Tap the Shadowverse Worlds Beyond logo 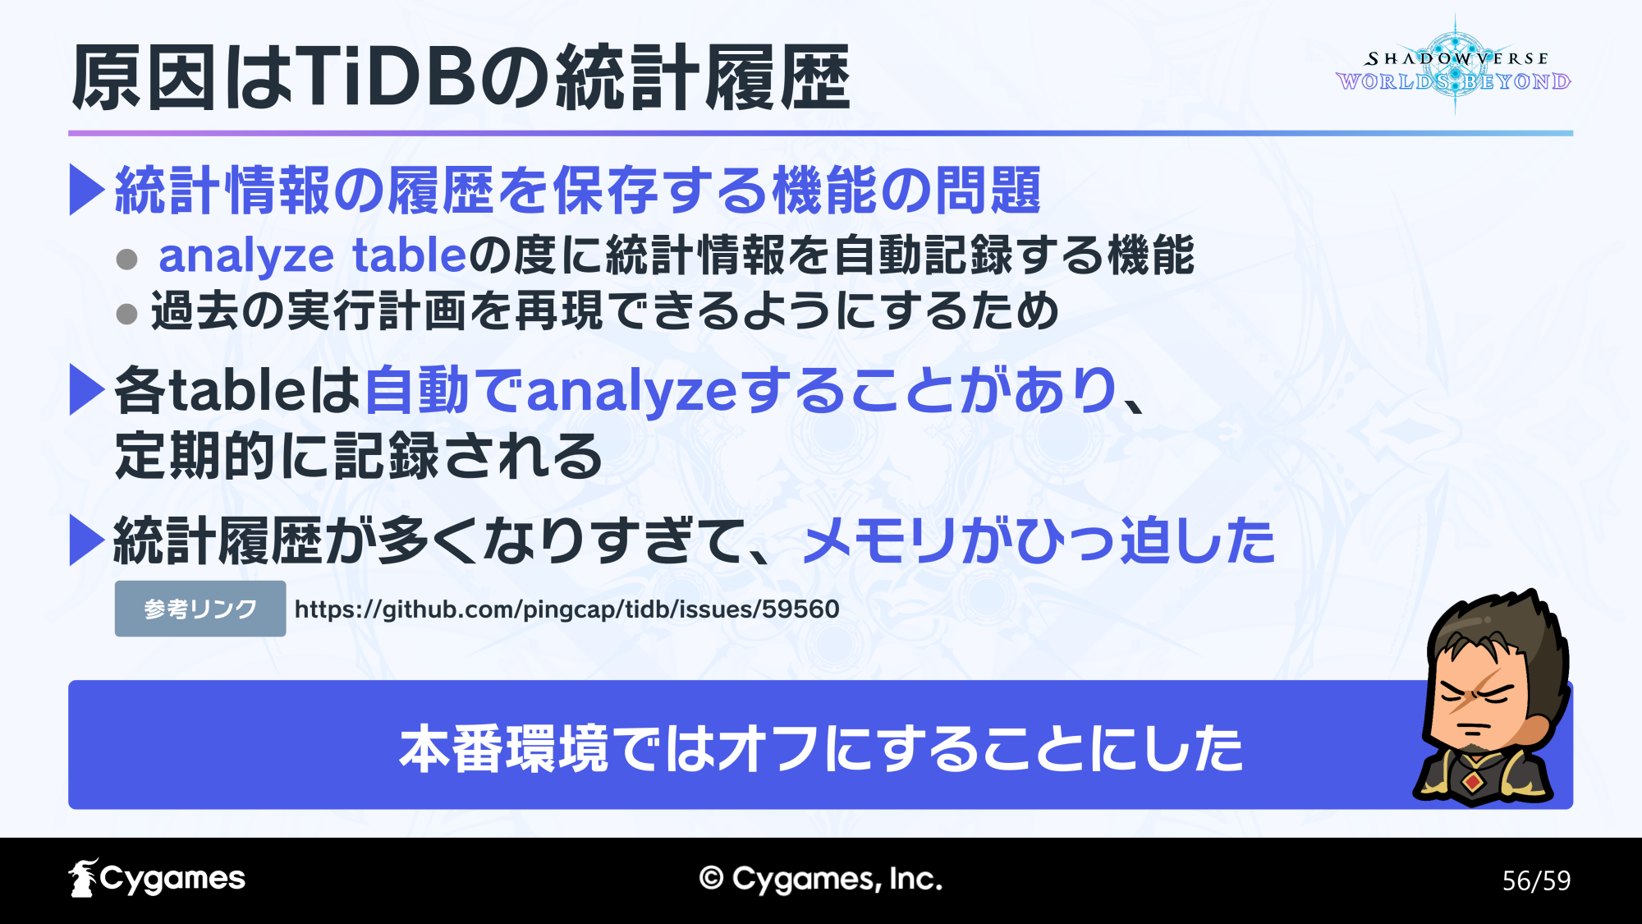click(x=1454, y=66)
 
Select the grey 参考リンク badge click(x=200, y=609)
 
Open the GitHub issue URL click(x=566, y=609)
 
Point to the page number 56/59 click(x=1536, y=880)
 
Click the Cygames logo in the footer click(x=157, y=878)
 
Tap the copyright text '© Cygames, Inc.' click(x=821, y=879)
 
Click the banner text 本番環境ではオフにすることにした click(x=821, y=748)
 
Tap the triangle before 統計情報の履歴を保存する click(x=87, y=190)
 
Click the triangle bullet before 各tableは click(x=87, y=389)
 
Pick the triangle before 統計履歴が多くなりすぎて click(x=87, y=540)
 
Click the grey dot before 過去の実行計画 click(x=126, y=314)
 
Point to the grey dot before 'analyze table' click(x=126, y=260)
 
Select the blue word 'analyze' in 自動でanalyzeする click(x=631, y=391)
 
